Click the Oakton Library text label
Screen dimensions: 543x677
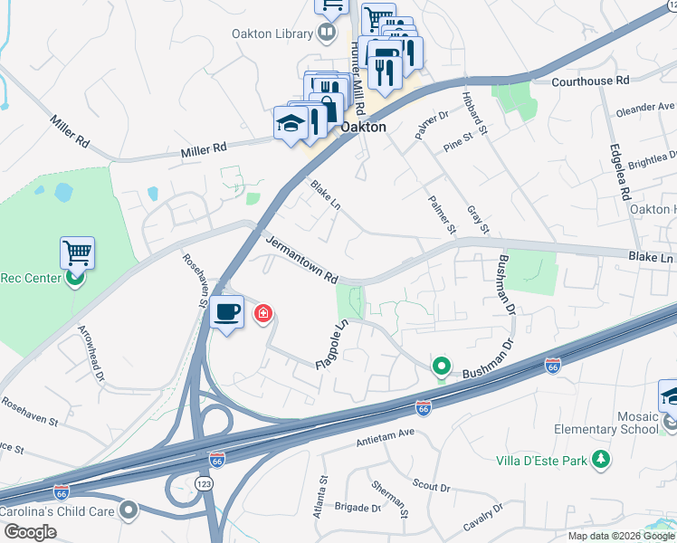[x=270, y=34]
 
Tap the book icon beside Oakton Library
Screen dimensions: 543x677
[x=326, y=34]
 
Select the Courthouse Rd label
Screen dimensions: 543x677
[x=590, y=81]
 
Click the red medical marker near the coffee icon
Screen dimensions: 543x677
[x=263, y=314]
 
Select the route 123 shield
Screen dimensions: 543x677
[x=205, y=484]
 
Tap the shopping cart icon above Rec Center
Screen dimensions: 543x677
[x=77, y=252]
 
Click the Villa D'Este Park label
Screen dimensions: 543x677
[x=541, y=461]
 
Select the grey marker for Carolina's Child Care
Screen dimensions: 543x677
[x=129, y=510]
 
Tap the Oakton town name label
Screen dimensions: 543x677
[x=363, y=128]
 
